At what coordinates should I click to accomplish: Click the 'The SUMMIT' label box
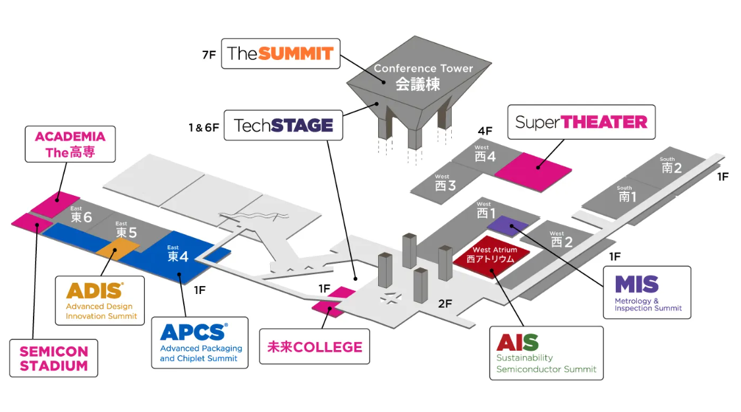click(281, 53)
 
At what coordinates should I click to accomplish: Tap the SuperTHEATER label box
click(582, 122)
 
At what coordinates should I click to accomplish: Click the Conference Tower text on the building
click(423, 76)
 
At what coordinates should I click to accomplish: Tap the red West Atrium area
click(494, 256)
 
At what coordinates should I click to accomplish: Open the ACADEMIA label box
click(70, 144)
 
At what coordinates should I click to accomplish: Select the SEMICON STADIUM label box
click(53, 358)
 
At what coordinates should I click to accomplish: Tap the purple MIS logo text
click(636, 285)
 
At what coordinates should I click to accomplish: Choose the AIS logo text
click(518, 343)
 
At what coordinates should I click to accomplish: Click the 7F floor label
click(209, 55)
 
